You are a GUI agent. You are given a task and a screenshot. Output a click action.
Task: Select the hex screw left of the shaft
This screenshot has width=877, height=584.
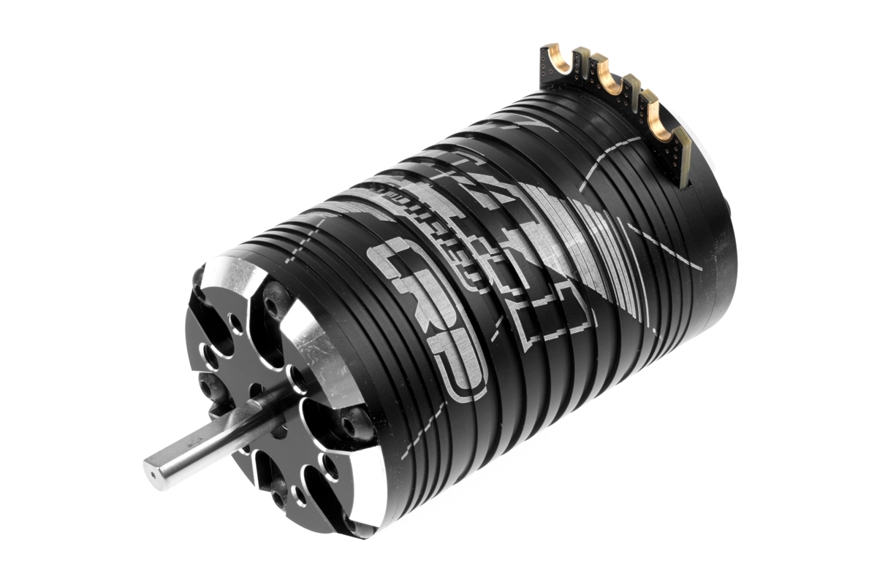[x=205, y=383]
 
